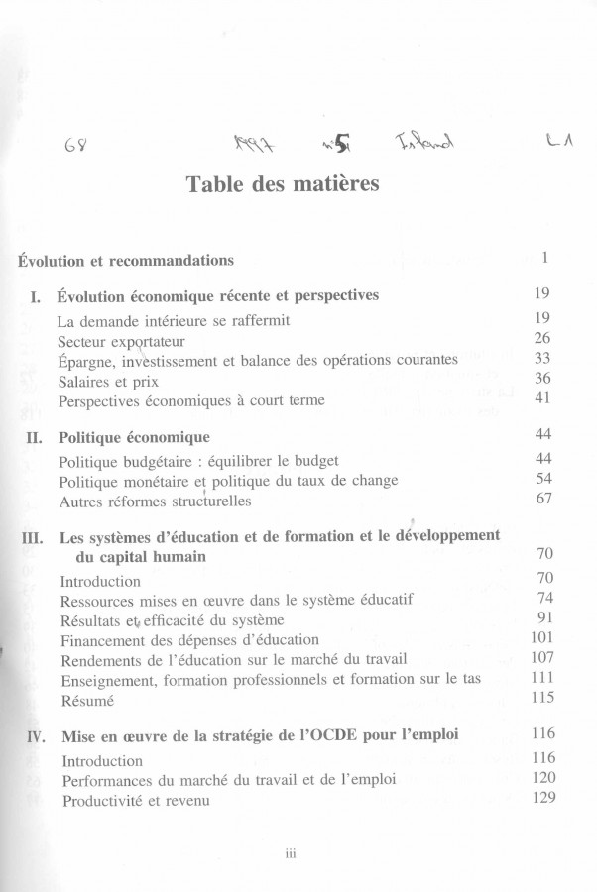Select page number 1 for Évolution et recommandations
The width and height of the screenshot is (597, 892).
click(545, 258)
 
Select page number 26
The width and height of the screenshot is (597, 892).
click(541, 339)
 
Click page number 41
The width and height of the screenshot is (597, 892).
click(541, 398)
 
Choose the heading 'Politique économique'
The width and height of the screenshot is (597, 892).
click(134, 437)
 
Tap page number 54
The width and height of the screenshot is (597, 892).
click(542, 479)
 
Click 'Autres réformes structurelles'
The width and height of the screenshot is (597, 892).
click(155, 501)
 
